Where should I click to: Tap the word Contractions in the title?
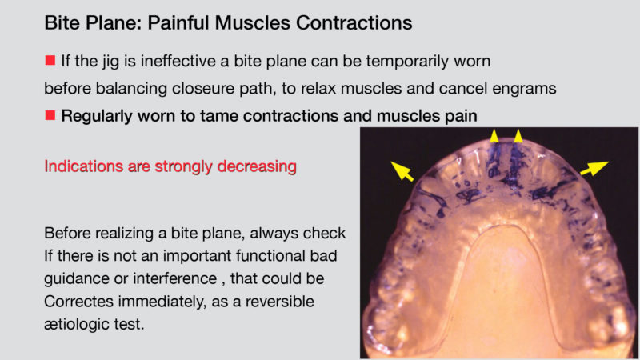(x=354, y=23)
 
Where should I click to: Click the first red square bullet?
(x=50, y=61)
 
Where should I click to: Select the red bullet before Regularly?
(x=50, y=115)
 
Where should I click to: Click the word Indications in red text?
(x=84, y=166)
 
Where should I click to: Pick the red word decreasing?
(x=257, y=167)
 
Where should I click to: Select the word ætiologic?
(x=77, y=325)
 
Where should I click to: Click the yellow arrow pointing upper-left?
(x=402, y=171)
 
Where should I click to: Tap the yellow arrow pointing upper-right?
(x=594, y=168)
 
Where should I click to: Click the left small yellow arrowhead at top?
(x=494, y=135)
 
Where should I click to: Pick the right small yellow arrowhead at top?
(x=518, y=135)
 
